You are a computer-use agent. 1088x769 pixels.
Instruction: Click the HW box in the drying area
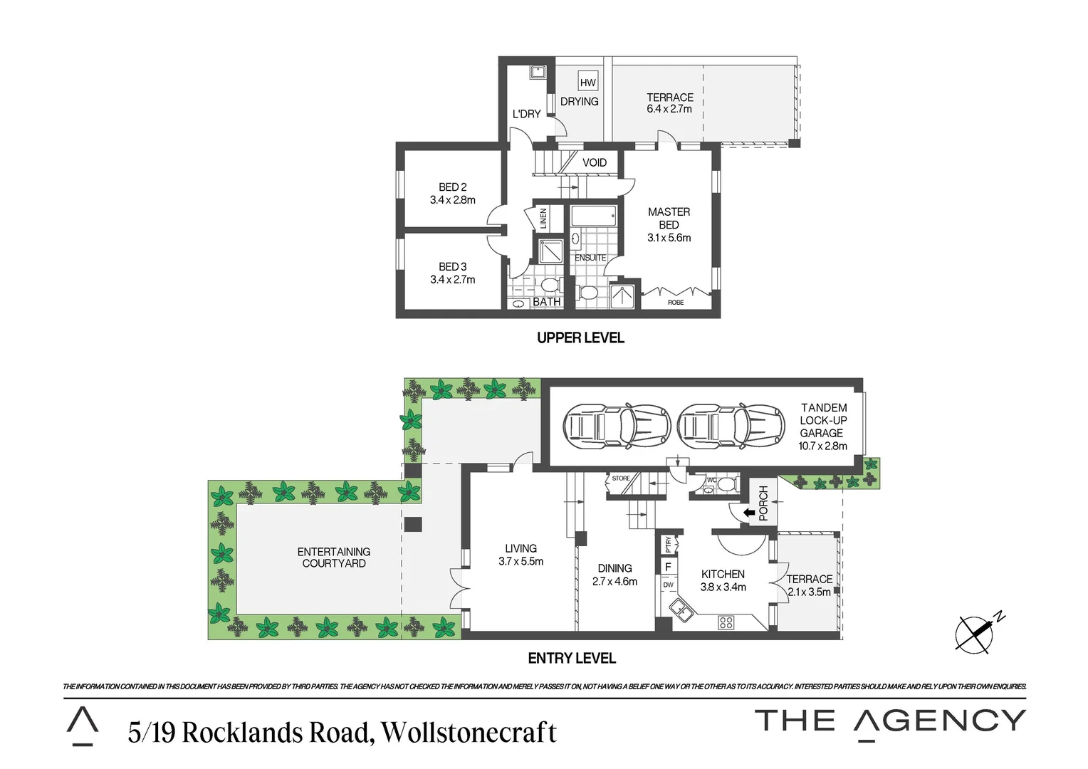click(587, 83)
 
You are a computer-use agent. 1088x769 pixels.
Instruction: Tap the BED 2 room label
click(452, 187)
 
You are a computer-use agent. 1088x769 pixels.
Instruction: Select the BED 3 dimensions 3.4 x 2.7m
click(452, 280)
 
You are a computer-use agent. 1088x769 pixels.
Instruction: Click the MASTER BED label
click(669, 218)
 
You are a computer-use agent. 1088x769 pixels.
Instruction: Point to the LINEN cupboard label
click(543, 218)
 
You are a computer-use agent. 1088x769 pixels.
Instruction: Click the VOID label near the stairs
click(595, 162)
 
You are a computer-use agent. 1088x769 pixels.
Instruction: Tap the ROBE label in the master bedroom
click(676, 303)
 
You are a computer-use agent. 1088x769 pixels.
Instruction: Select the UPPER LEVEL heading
click(580, 338)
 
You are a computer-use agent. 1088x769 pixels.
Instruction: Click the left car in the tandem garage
click(617, 427)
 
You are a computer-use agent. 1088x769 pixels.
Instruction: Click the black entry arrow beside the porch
click(748, 512)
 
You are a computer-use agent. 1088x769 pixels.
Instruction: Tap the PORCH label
click(763, 503)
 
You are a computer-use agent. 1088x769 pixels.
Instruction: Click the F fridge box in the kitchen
click(668, 567)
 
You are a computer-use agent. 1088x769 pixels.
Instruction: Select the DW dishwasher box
click(668, 585)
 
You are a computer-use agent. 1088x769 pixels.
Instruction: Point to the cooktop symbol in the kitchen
click(726, 622)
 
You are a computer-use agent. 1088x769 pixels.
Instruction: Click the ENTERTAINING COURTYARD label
click(334, 558)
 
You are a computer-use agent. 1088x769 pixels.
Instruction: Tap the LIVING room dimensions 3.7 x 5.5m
click(521, 562)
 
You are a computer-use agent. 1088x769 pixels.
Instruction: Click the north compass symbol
click(975, 633)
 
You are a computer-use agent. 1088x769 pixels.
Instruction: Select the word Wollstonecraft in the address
click(469, 732)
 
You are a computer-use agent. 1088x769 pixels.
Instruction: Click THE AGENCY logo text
click(890, 721)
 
